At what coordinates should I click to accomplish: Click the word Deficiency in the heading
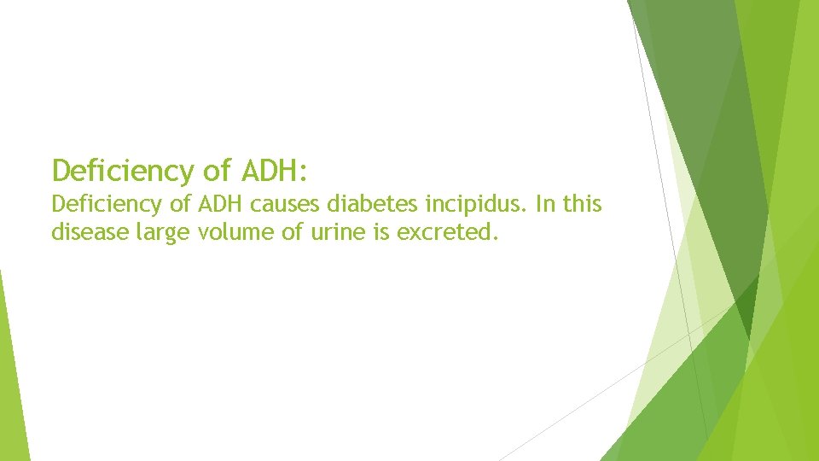pyautogui.click(x=124, y=171)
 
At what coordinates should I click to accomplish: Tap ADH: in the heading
pyautogui.click(x=273, y=171)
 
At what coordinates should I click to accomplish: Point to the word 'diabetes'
pyautogui.click(x=352, y=205)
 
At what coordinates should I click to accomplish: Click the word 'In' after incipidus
pyautogui.click(x=544, y=205)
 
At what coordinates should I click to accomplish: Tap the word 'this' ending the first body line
pyautogui.click(x=583, y=205)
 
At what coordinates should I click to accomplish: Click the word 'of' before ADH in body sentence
pyautogui.click(x=185, y=205)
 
